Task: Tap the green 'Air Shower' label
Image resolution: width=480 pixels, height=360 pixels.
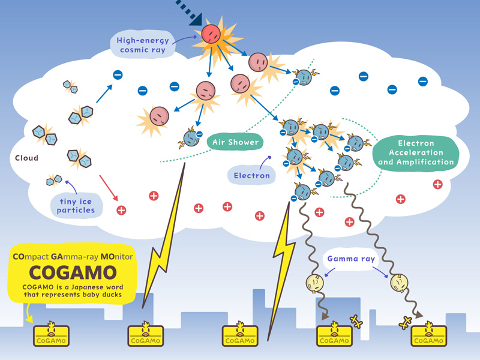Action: [x=235, y=142]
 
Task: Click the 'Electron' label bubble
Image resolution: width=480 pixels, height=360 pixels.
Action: [x=252, y=176]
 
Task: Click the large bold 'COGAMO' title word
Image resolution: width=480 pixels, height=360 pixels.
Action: [x=73, y=272]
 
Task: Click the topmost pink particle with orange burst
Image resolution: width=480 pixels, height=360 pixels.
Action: [x=212, y=34]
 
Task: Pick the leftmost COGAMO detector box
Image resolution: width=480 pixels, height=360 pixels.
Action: [x=51, y=337]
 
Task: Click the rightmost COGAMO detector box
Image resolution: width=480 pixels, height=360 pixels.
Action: [x=429, y=337]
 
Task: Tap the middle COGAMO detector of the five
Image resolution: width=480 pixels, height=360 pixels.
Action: [x=240, y=337]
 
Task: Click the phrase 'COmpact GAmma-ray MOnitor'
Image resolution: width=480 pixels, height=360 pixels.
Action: [x=73, y=256]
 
